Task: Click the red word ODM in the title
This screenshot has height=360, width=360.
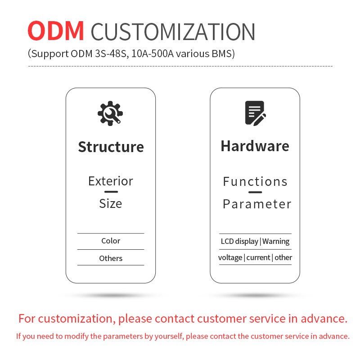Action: [55, 31]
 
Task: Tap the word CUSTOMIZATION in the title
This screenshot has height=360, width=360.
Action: [173, 31]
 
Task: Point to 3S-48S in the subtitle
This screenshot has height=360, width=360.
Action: [111, 54]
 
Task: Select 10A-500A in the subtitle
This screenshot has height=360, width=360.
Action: [153, 54]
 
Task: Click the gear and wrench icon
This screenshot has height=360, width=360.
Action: [110, 113]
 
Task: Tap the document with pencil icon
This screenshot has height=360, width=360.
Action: [255, 113]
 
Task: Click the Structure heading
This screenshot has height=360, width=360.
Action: [111, 147]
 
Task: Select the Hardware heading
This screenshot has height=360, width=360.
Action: [255, 146]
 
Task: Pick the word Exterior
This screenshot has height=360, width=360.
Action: [111, 181]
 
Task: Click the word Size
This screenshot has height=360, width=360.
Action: [110, 203]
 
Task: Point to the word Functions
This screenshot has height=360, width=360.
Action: [255, 182]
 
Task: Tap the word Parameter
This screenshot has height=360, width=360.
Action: [257, 204]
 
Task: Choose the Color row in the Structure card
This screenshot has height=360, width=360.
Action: [111, 241]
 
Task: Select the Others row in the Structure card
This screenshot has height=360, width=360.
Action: [111, 258]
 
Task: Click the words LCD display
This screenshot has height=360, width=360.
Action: [239, 241]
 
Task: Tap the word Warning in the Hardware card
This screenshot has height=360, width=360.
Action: [276, 241]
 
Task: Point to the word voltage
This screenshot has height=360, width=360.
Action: [230, 257]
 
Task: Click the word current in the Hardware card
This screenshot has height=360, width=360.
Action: [258, 257]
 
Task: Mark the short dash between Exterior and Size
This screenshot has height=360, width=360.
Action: [111, 192]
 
